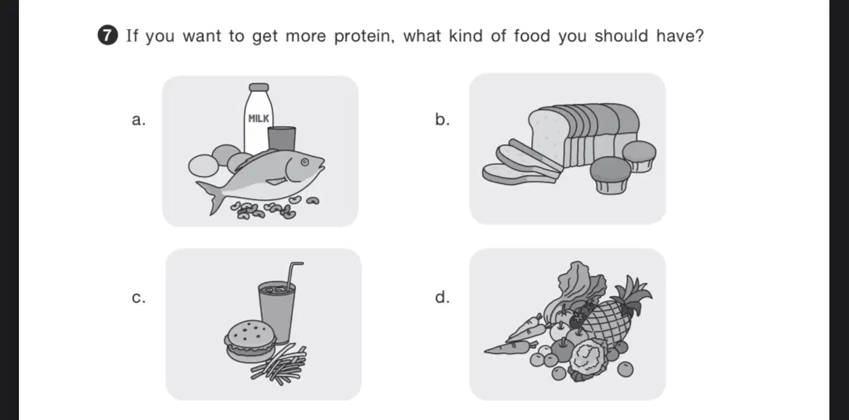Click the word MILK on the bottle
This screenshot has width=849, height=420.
tap(259, 118)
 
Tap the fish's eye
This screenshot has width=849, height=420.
tap(304, 161)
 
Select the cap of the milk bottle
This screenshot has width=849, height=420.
tap(259, 87)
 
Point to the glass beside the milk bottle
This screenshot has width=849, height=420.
tap(282, 139)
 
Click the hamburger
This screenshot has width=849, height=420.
tap(249, 340)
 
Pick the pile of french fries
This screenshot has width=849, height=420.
tap(279, 363)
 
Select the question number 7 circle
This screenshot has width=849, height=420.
tap(108, 36)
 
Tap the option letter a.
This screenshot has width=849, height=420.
tap(139, 120)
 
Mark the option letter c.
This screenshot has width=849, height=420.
tap(139, 298)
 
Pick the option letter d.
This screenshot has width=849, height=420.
tap(442, 297)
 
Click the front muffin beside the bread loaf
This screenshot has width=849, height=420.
tap(611, 174)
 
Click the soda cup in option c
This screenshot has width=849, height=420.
tap(276, 311)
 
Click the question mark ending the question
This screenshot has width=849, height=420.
tap(698, 36)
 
